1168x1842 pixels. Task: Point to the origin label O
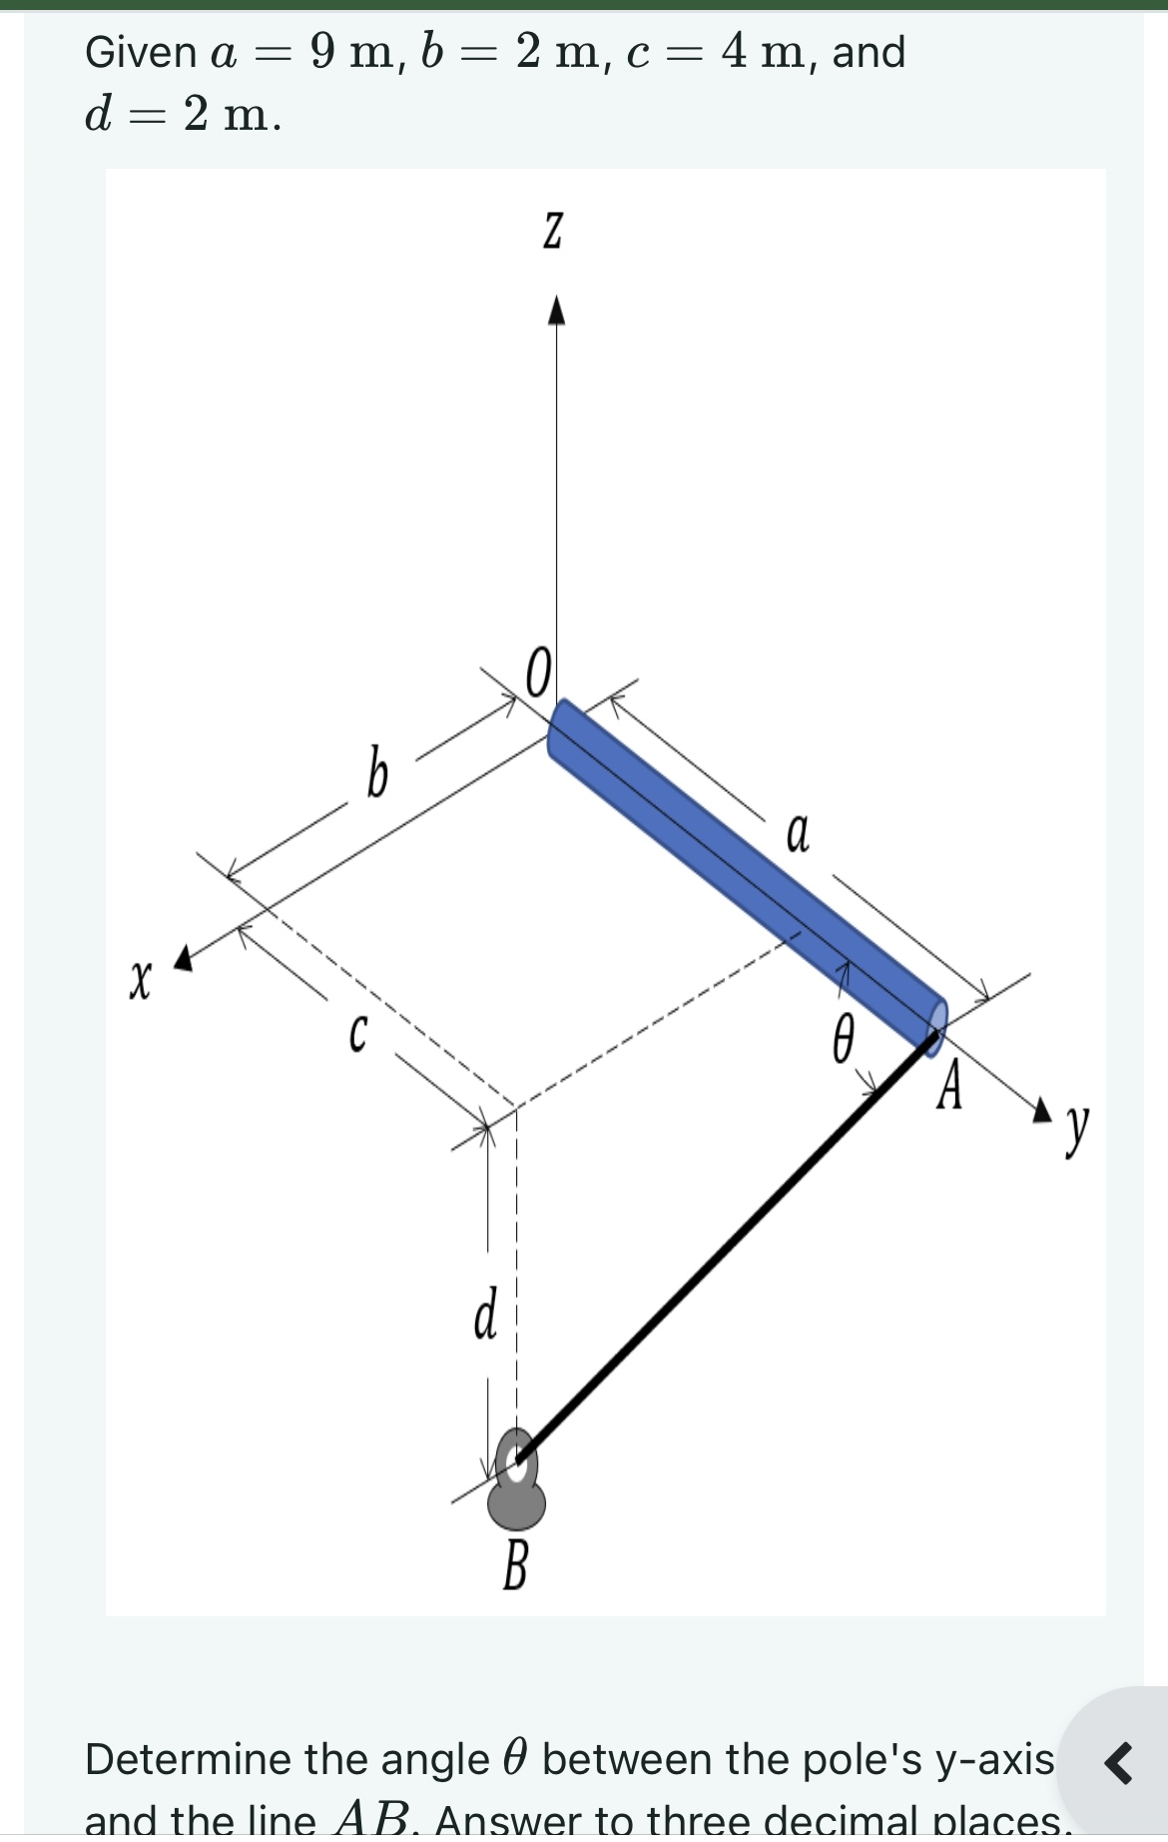(x=537, y=673)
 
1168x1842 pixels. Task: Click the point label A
(x=950, y=1086)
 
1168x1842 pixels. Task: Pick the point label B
(x=515, y=1565)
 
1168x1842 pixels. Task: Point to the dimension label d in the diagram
(x=486, y=1315)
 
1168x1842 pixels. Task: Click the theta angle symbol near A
(x=844, y=1039)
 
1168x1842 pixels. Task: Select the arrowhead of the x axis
(x=183, y=959)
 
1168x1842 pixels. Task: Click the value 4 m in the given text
(x=766, y=52)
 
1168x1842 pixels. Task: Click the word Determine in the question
(x=189, y=1759)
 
